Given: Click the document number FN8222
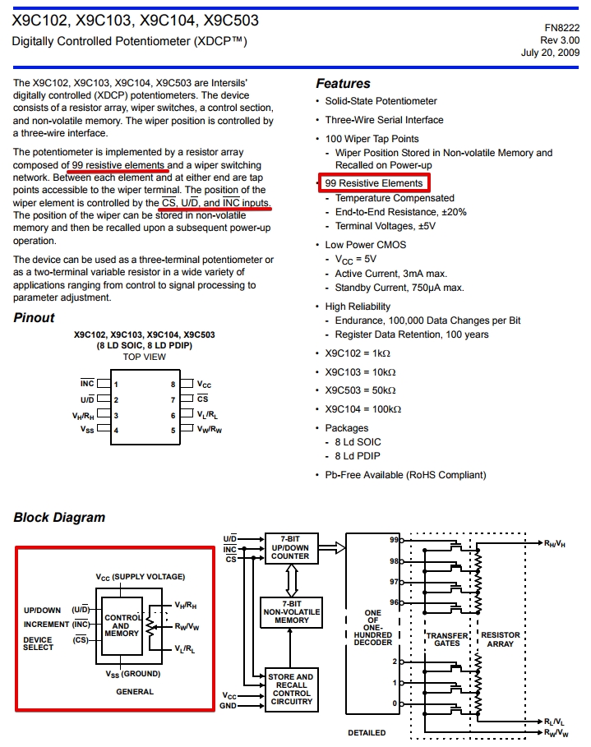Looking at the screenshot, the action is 562,28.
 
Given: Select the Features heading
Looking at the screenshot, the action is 343,83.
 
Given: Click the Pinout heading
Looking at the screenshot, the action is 34,318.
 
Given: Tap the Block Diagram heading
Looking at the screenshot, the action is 59,518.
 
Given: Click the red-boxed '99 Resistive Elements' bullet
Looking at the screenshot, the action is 374,183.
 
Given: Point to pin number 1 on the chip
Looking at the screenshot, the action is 116,385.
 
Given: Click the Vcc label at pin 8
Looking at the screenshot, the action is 204,384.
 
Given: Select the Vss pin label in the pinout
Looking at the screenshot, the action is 87,429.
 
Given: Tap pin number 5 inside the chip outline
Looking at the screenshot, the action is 173,430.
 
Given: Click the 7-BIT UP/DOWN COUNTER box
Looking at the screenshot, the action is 291,548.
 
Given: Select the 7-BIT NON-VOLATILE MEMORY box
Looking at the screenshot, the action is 291,612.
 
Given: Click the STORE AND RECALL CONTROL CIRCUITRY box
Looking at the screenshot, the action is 291,689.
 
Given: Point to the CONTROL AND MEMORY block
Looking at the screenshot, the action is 122,625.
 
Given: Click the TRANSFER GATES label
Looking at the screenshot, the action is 447,639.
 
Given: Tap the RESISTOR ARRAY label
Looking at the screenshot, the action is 501,639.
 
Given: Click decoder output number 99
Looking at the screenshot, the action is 394,540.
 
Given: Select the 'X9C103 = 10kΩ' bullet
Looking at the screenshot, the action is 360,372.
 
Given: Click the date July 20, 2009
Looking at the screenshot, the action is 550,53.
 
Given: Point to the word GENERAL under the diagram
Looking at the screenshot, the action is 135,691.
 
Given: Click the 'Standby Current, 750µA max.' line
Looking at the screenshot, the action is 399,288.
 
